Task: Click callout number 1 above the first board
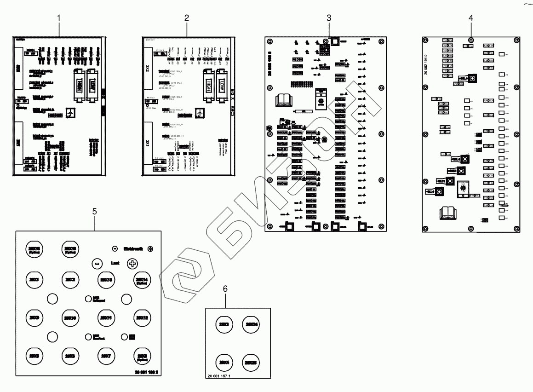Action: tap(59, 18)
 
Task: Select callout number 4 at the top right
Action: tap(470, 18)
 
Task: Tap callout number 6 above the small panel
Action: tap(225, 288)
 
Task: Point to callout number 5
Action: tap(95, 211)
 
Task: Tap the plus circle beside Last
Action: tap(132, 264)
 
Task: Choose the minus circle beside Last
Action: tap(97, 264)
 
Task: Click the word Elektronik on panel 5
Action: tap(133, 249)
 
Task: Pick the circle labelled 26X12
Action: tap(142, 317)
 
